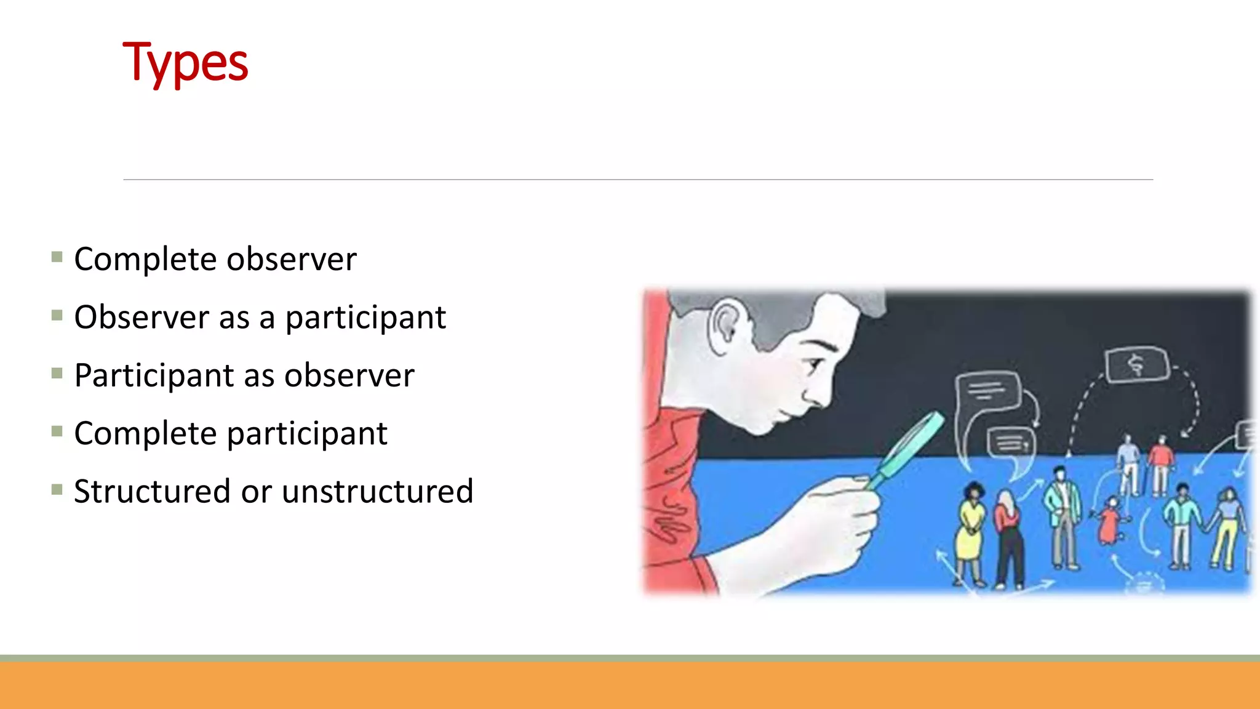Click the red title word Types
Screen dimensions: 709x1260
[x=185, y=63]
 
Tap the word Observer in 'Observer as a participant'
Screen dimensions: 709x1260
[x=141, y=318]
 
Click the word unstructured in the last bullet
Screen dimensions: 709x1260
[x=377, y=492]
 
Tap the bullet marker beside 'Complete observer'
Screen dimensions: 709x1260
[x=57, y=257]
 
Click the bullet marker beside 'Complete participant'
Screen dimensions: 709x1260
[x=57, y=431]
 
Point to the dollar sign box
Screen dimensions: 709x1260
[x=1136, y=365]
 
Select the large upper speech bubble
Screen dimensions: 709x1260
[x=988, y=392]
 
